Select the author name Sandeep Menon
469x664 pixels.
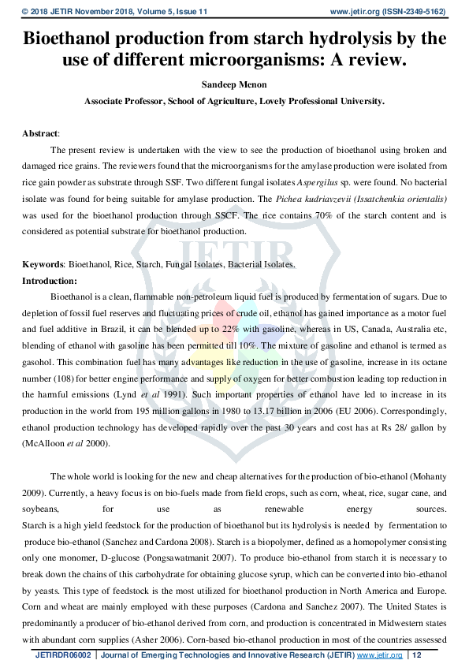tap(234, 85)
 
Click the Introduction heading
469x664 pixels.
tap(50, 281)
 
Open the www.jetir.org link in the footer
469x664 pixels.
tap(380, 655)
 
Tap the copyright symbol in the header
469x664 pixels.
tap(25, 11)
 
